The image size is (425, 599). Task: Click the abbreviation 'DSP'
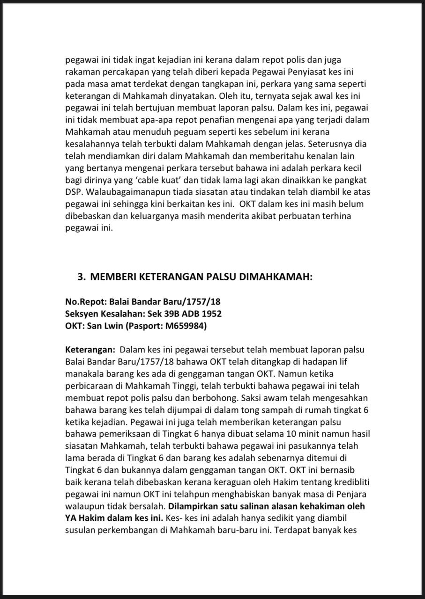coord(73,192)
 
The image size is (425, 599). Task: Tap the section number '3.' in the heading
coord(82,277)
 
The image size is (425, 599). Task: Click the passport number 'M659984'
coord(184,326)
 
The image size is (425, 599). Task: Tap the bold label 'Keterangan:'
coord(90,350)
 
